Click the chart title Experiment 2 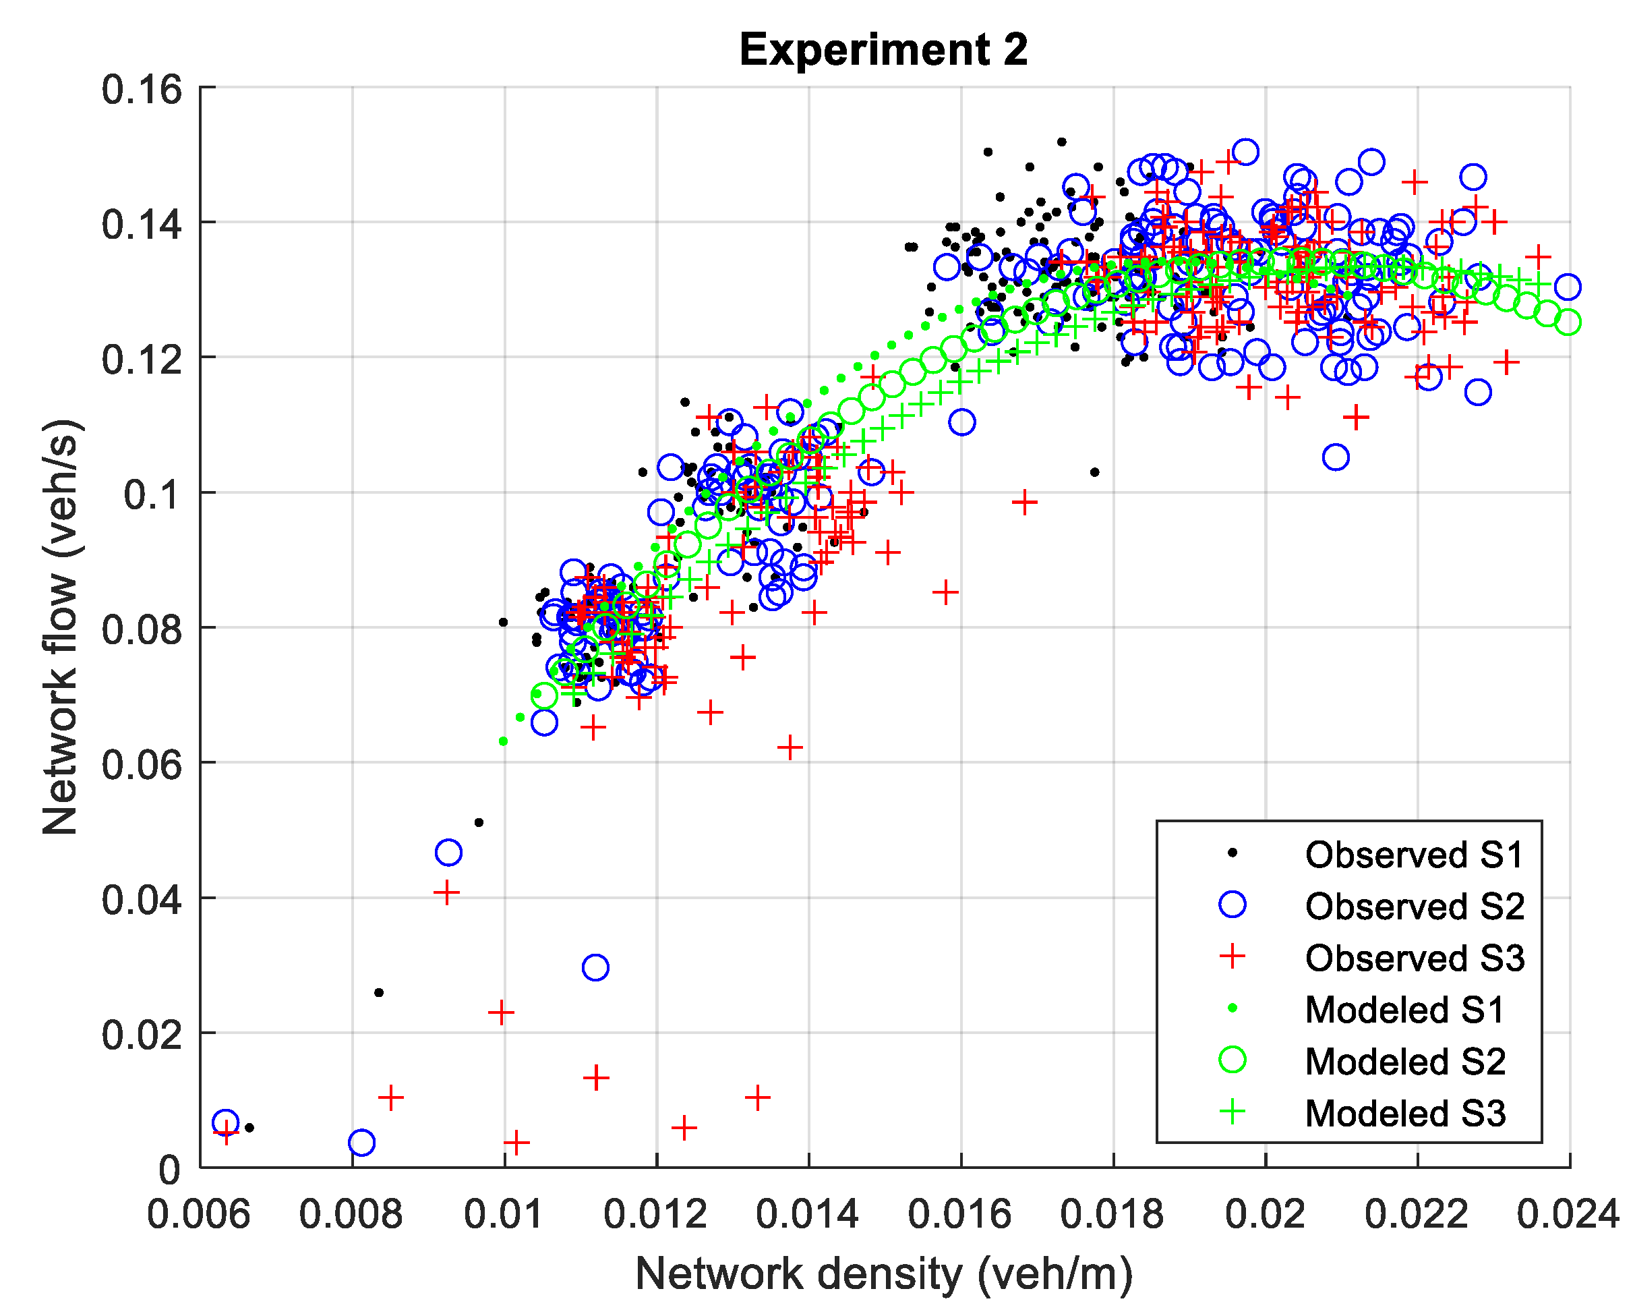pyautogui.click(x=883, y=50)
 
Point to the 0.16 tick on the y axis pyautogui.click(x=142, y=90)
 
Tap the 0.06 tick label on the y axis pyautogui.click(x=142, y=764)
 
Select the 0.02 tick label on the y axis pyautogui.click(x=142, y=1034)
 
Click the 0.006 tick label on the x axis pyautogui.click(x=198, y=1214)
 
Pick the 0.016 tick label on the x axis pyautogui.click(x=959, y=1214)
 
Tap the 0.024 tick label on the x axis pyautogui.click(x=1567, y=1214)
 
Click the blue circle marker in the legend pyautogui.click(x=1232, y=905)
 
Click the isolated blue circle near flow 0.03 pyautogui.click(x=595, y=968)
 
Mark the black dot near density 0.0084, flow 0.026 pyautogui.click(x=379, y=992)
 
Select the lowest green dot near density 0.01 pyautogui.click(x=503, y=741)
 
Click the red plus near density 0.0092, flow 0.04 pyautogui.click(x=447, y=892)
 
